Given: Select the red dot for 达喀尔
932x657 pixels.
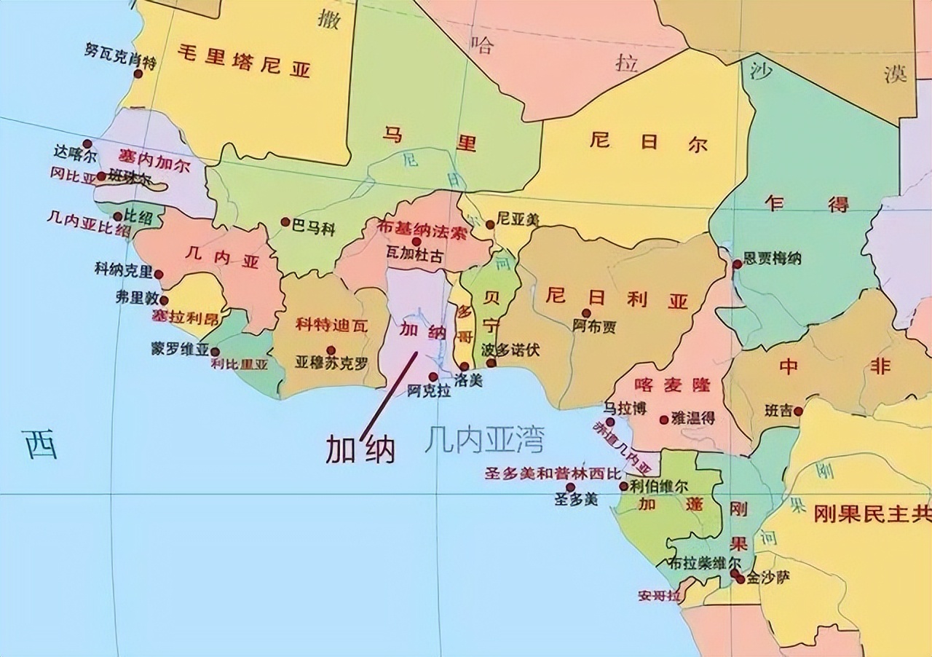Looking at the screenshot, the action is (x=87, y=143).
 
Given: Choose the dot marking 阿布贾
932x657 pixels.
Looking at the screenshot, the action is (x=586, y=313).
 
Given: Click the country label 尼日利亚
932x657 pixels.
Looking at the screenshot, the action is (x=616, y=298).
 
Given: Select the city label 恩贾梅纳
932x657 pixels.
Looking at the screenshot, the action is (x=772, y=258).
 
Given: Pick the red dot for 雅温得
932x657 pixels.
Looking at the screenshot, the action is (x=663, y=420).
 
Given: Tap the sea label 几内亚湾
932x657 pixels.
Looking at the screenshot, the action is (x=486, y=440).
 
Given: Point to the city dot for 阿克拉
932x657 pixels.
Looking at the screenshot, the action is (x=433, y=377).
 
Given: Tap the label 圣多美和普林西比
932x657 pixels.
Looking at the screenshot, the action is (x=553, y=473).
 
